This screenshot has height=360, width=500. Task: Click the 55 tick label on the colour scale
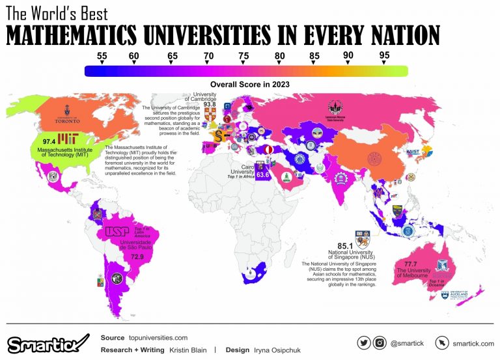(102, 55)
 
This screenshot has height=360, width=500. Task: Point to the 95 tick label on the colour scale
(384, 55)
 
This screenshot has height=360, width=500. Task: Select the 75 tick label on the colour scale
(243, 55)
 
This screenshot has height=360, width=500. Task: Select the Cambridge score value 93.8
(209, 104)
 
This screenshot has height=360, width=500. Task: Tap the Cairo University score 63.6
(263, 175)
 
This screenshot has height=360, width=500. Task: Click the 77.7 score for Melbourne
(411, 264)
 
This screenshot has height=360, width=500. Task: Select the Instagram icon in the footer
(380, 342)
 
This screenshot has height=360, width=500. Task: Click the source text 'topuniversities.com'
(158, 338)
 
